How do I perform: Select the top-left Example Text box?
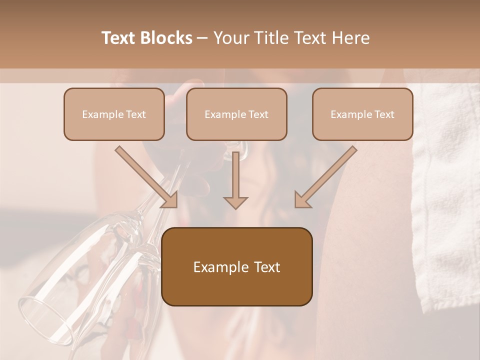pos(114,114)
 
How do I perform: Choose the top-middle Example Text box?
pos(236,114)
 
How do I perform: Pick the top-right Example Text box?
pos(362,114)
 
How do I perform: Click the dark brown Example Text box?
pos(236,266)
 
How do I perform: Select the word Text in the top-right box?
pos(384,114)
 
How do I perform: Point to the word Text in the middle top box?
pos(258,114)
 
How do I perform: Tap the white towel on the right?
pos(445,200)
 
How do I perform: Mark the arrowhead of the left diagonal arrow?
pos(170,200)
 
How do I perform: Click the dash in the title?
pos(202,38)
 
